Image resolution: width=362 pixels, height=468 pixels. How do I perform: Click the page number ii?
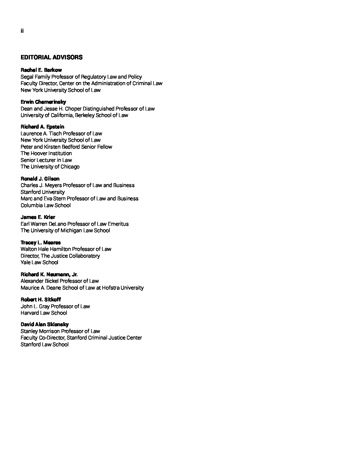click(x=22, y=31)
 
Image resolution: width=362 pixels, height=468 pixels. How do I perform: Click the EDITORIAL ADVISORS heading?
click(x=51, y=57)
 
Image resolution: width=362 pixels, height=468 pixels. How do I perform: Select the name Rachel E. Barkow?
click(x=41, y=70)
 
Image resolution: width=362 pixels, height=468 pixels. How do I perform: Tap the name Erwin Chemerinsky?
click(x=43, y=102)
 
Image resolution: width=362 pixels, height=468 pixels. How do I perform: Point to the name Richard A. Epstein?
click(x=42, y=127)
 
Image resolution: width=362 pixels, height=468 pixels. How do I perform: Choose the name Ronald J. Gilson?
click(x=40, y=179)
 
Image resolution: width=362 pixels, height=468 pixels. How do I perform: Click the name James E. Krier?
click(x=38, y=217)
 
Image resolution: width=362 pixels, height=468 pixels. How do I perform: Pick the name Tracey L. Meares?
click(x=41, y=243)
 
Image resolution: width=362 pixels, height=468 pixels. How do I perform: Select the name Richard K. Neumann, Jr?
click(x=49, y=274)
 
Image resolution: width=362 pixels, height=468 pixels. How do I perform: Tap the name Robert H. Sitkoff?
click(x=41, y=300)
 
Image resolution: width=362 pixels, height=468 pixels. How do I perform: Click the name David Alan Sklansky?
click(x=45, y=324)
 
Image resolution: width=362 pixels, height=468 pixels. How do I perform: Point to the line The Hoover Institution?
click(x=46, y=153)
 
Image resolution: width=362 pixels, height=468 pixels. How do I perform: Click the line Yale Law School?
click(x=39, y=262)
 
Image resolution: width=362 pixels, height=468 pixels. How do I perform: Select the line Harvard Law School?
click(x=44, y=313)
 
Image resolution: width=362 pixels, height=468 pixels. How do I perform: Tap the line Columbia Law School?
click(x=46, y=205)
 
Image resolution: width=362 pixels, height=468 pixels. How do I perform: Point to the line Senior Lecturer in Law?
click(x=46, y=160)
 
